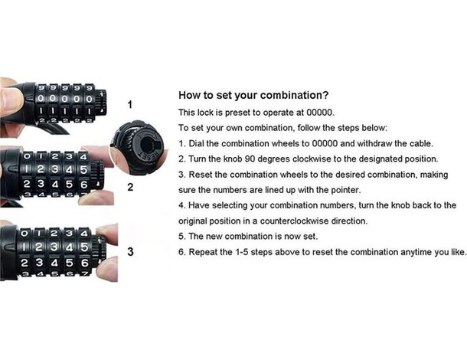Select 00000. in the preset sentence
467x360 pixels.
pyautogui.click(x=321, y=113)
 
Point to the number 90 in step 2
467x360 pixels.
pyautogui.click(x=250, y=159)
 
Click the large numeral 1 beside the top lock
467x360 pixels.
pyautogui.click(x=130, y=105)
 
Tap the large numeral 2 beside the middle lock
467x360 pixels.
pyautogui.click(x=130, y=187)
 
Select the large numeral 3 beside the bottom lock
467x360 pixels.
pyautogui.click(x=130, y=252)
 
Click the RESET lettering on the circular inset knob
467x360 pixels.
pyautogui.click(x=149, y=156)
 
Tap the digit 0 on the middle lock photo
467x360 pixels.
pyautogui.click(x=27, y=155)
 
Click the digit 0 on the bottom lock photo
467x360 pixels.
pyautogui.click(x=25, y=233)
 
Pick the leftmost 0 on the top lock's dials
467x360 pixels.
pyautogui.click(x=41, y=99)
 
